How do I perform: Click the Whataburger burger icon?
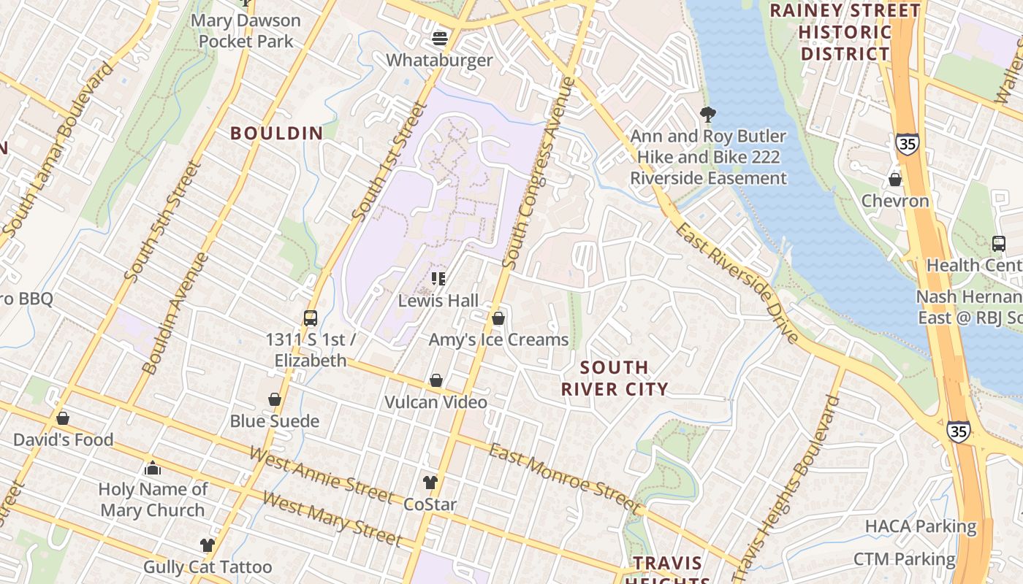tap(440, 37)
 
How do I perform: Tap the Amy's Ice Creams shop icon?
tap(498, 318)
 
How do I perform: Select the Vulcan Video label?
tap(436, 402)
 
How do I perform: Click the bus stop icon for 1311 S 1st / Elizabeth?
tap(311, 318)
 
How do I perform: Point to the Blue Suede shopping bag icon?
tap(275, 399)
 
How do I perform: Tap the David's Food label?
tap(63, 440)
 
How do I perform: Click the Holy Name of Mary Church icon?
tap(153, 468)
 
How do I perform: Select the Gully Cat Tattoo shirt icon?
tap(208, 545)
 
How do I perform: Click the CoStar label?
tap(430, 504)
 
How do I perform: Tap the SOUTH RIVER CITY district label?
tap(614, 378)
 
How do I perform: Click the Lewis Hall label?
tap(438, 301)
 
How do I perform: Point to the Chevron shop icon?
tap(894, 180)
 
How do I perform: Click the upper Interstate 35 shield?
tap(907, 144)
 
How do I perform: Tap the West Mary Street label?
tap(332, 519)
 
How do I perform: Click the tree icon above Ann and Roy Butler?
tap(707, 114)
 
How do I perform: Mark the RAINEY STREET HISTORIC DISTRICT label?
tap(845, 32)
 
